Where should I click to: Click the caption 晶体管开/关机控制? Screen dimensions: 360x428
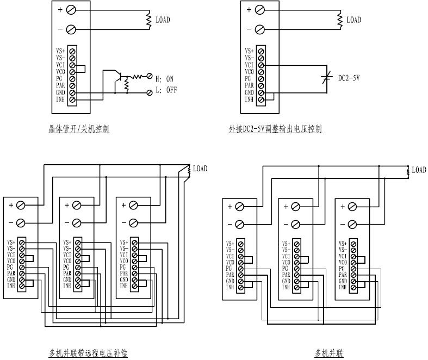pos(79,129)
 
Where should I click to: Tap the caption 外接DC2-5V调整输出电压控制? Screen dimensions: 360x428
pos(275,129)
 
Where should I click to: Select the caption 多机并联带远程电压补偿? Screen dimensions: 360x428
pos(88,354)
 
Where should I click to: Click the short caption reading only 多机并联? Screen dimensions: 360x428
pos(330,354)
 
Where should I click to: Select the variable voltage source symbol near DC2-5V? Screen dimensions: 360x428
pos(326,78)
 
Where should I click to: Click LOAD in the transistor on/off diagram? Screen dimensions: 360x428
pos(163,20)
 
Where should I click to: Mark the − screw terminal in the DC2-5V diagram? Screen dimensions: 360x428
pos(260,29)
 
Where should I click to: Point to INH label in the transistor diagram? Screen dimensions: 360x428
pos(60,100)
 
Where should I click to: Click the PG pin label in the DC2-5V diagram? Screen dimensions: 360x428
pos(249,78)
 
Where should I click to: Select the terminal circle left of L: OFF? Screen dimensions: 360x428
pos(150,93)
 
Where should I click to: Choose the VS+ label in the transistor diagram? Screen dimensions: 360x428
pos(60,51)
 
